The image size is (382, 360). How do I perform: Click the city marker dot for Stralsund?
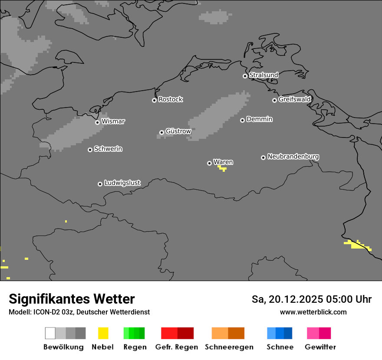245,76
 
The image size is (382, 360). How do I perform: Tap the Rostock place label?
171,99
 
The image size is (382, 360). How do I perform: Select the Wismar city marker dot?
97,122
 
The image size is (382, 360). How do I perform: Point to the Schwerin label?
108,149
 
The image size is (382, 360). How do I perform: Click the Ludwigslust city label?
122,183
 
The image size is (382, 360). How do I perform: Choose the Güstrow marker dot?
161,132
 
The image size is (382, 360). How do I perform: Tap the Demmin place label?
259,119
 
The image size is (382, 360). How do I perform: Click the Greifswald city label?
294,99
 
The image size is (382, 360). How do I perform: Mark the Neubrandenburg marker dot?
263,157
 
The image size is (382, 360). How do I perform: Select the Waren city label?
223,162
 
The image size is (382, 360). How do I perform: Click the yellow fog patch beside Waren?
222,168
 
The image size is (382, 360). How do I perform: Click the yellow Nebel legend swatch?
103,333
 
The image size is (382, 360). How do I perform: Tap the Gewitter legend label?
320,347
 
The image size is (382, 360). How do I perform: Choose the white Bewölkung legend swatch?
50,333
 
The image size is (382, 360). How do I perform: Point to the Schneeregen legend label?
229,347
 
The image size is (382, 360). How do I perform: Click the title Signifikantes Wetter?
72,299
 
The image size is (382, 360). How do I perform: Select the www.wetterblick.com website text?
313,312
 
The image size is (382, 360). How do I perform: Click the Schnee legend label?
280,347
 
